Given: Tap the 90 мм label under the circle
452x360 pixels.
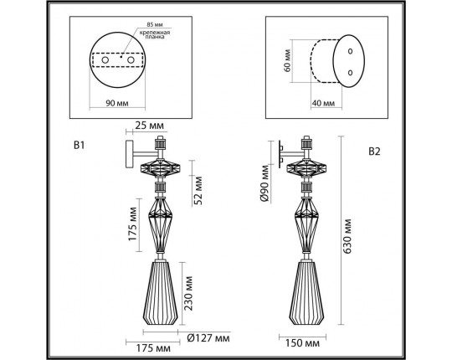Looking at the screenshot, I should pos(117,104).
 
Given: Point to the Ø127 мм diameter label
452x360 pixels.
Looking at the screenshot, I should pos(208,338).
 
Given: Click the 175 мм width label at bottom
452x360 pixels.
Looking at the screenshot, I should pos(141,345).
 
